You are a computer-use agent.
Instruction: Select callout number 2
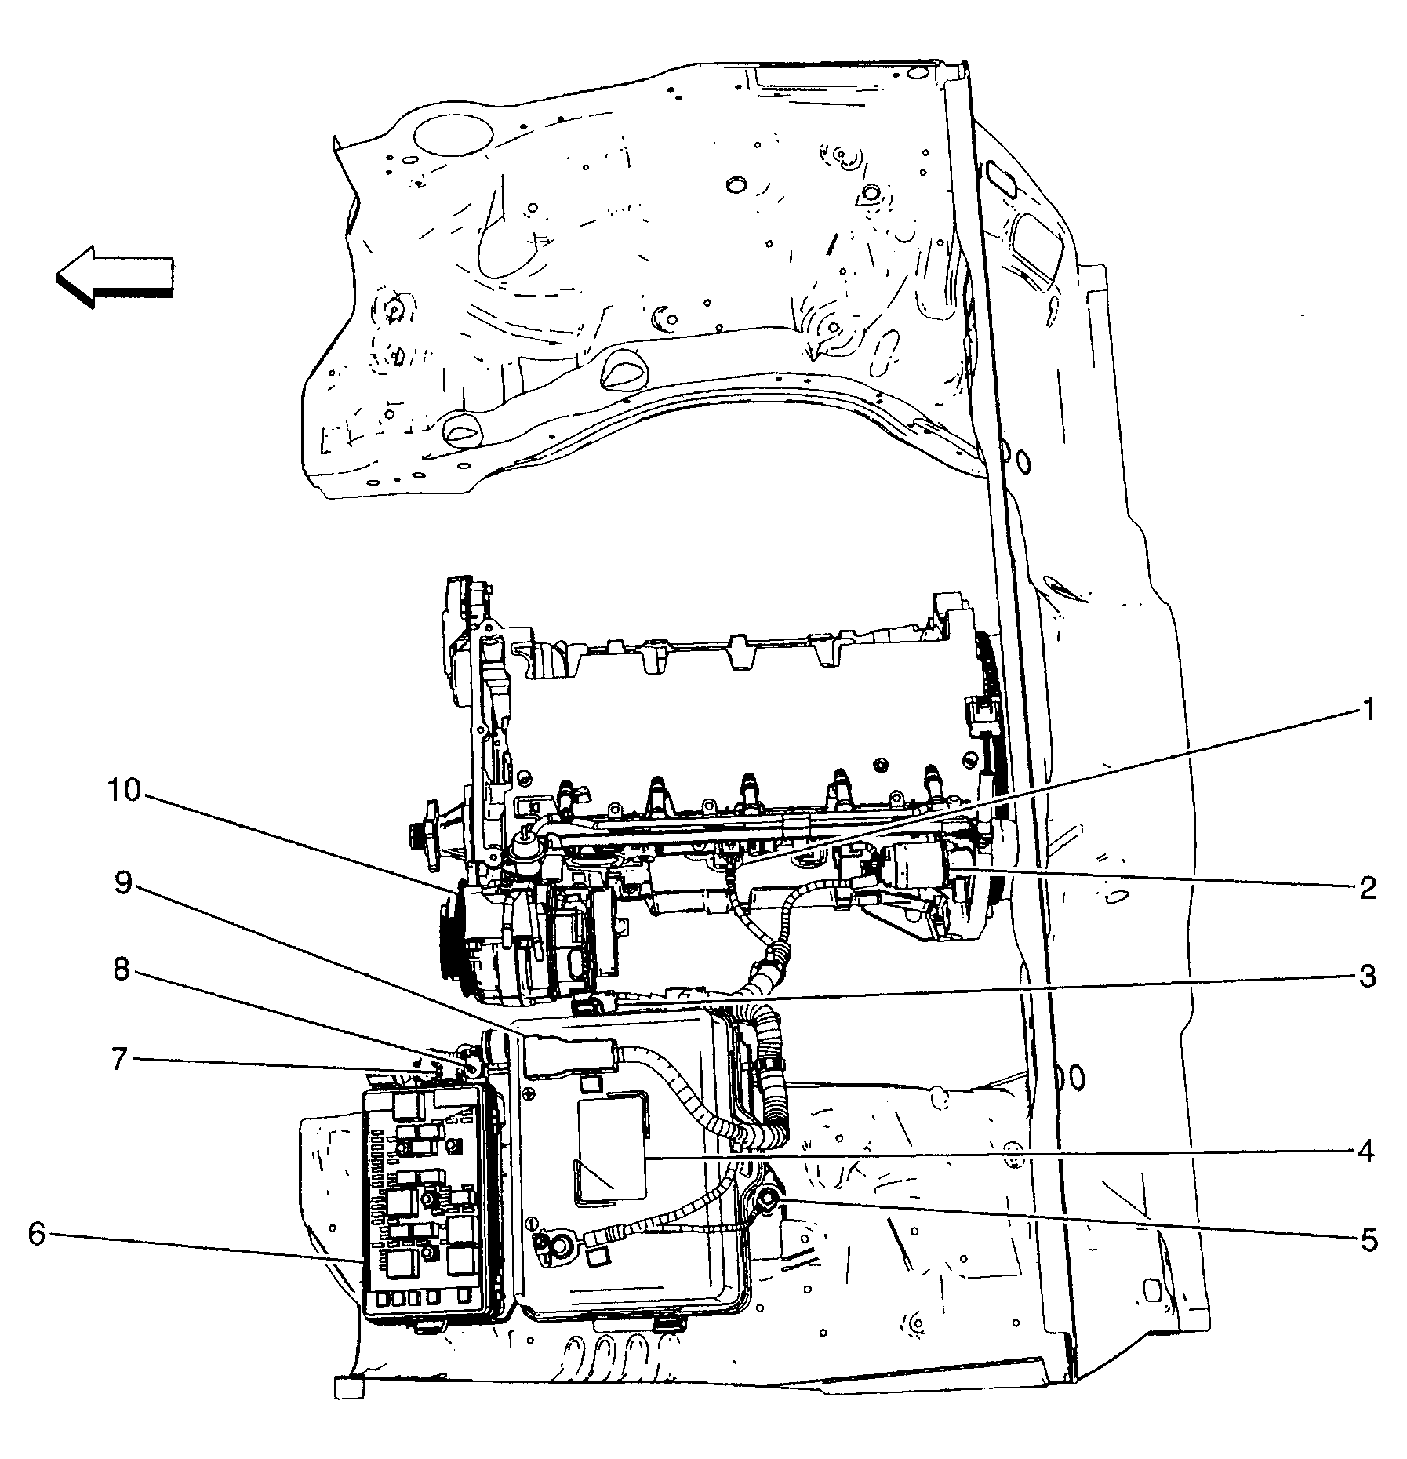[x=1367, y=889]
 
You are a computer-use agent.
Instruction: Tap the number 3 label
[x=1367, y=977]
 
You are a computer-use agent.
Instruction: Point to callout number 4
[x=1367, y=1152]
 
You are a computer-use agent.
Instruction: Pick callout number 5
[x=1368, y=1240]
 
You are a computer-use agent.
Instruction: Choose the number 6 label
[x=37, y=1234]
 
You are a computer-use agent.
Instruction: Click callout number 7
[x=119, y=1060]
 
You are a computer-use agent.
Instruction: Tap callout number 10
[x=124, y=791]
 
